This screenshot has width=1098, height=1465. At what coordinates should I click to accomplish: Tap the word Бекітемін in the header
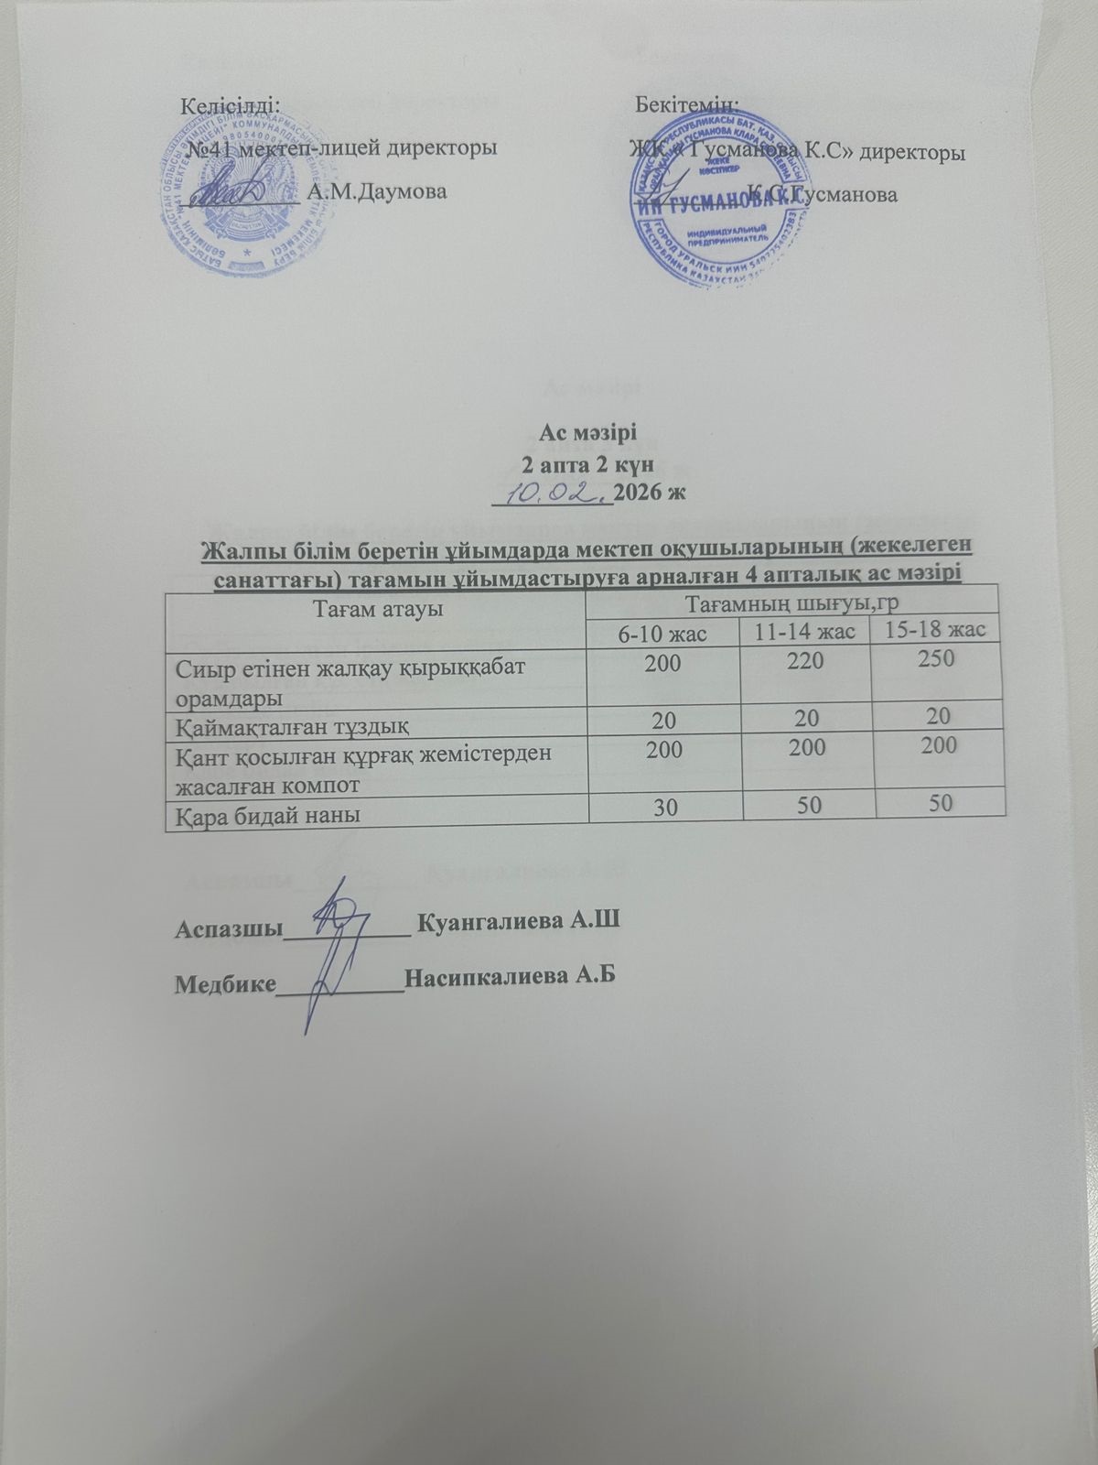click(x=687, y=103)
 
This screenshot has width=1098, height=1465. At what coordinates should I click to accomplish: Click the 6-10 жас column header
click(x=663, y=633)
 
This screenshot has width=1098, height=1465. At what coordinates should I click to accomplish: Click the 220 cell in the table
click(x=805, y=663)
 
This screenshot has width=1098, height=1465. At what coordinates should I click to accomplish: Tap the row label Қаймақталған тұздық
click(x=287, y=726)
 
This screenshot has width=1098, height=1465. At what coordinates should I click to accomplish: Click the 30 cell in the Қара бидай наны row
click(x=665, y=805)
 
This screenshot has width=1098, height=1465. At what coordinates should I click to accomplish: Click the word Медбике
click(x=225, y=983)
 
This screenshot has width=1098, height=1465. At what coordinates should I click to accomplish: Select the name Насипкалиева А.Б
click(x=509, y=976)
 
